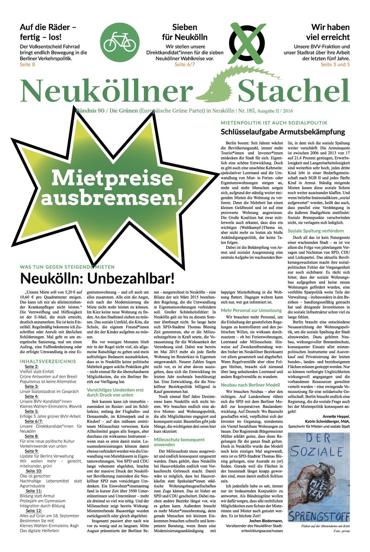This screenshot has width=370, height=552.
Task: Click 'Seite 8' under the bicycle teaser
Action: pyautogui.click(x=27, y=64)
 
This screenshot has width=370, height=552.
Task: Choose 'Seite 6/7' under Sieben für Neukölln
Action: pyautogui.click(x=185, y=64)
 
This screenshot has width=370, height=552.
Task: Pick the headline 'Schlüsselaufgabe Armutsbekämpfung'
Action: pyautogui.click(x=283, y=132)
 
